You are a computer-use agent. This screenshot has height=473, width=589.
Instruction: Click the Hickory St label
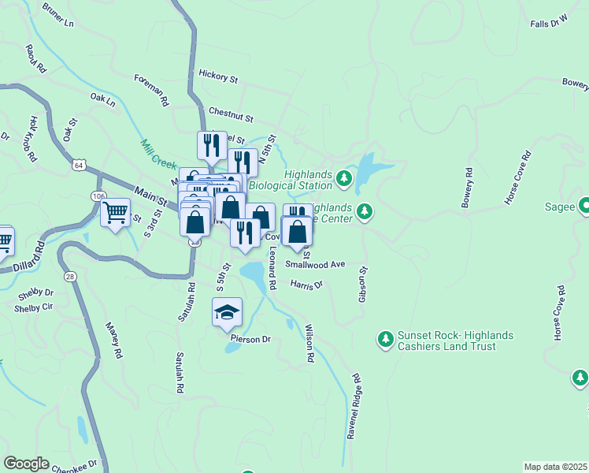coord(218,78)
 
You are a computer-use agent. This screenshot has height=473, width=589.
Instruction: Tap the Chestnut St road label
coord(231,115)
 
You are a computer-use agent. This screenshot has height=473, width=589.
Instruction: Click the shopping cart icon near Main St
coord(115,213)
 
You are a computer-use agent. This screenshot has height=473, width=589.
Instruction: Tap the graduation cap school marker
coord(227,312)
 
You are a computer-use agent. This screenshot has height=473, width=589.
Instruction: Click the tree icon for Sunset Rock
coord(385,339)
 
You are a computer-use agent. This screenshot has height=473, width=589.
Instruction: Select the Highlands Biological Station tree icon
coord(343,179)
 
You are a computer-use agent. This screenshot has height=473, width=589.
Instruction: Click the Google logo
coord(26,464)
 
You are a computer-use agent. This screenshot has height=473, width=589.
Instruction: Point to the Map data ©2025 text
coord(555,467)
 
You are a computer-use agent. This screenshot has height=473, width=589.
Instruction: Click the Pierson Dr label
coord(250,340)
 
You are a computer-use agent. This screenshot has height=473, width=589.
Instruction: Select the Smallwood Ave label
coord(315,265)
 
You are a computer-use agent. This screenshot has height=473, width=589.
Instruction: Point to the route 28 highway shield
coord(70,276)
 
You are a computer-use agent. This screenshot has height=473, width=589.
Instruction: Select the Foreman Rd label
coord(152,89)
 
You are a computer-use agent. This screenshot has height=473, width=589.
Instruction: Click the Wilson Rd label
coord(309,344)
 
